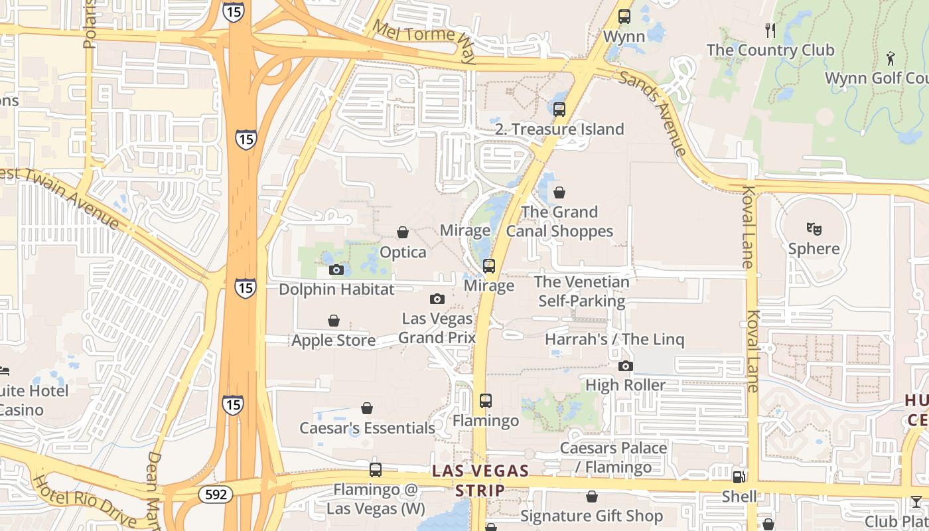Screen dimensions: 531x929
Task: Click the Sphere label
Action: [814, 249]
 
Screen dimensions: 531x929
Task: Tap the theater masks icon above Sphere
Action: [814, 229]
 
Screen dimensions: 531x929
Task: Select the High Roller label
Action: [625, 385]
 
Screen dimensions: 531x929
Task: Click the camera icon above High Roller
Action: [625, 366]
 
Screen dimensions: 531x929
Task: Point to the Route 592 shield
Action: [215, 494]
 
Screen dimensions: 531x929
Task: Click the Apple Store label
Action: [334, 341]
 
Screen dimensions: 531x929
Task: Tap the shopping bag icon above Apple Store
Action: [334, 321]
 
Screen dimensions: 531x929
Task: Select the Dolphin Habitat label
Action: [336, 289]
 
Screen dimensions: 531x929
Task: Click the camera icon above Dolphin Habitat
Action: [336, 269]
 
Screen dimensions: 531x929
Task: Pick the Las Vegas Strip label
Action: [480, 481]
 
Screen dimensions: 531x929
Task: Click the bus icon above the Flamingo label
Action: [486, 401]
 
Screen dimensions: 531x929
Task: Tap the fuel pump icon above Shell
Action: [739, 477]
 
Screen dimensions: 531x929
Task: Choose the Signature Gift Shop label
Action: [592, 516]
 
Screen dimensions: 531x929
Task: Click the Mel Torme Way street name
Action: [425, 41]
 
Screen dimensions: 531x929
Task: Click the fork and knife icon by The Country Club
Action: [770, 30]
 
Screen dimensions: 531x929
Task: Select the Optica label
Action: [403, 252]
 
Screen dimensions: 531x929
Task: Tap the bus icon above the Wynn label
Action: [624, 17]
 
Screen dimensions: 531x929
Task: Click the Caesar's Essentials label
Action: [367, 428]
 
